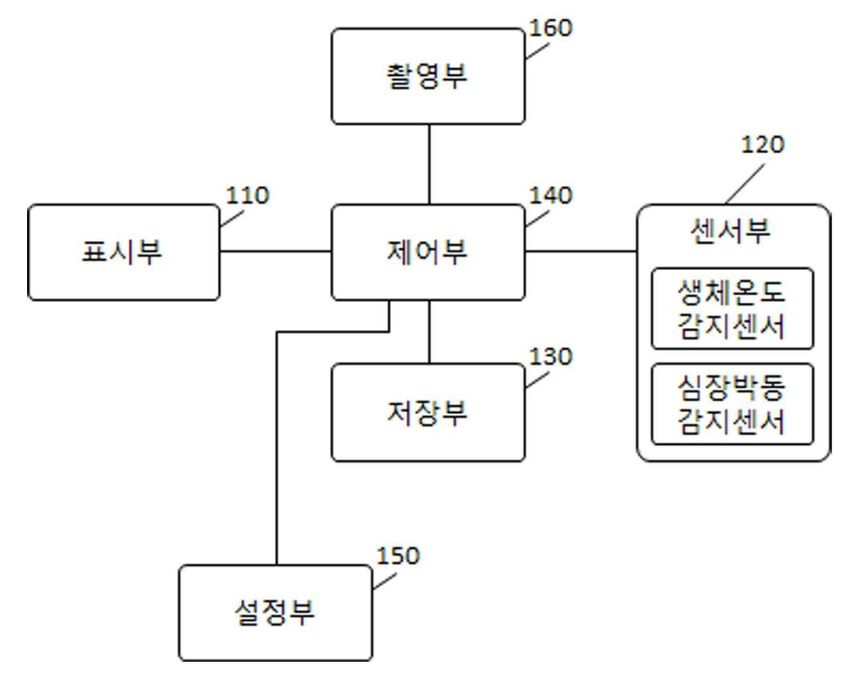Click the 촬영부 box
click(427, 77)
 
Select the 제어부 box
click(427, 252)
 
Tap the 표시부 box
click(123, 252)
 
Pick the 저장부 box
click(427, 412)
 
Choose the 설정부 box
click(275, 613)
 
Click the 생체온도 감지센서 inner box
click(731, 308)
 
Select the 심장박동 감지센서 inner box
click(731, 404)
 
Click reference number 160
click(551, 28)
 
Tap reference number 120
click(762, 145)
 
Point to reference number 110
click(247, 195)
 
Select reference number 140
click(551, 195)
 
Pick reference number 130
click(551, 356)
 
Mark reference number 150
click(398, 556)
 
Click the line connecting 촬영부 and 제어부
click(429, 164)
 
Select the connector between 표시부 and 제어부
click(275, 251)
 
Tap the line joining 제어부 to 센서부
click(580, 251)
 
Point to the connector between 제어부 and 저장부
click(429, 332)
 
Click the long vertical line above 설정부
click(277, 452)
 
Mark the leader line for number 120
click(744, 184)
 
